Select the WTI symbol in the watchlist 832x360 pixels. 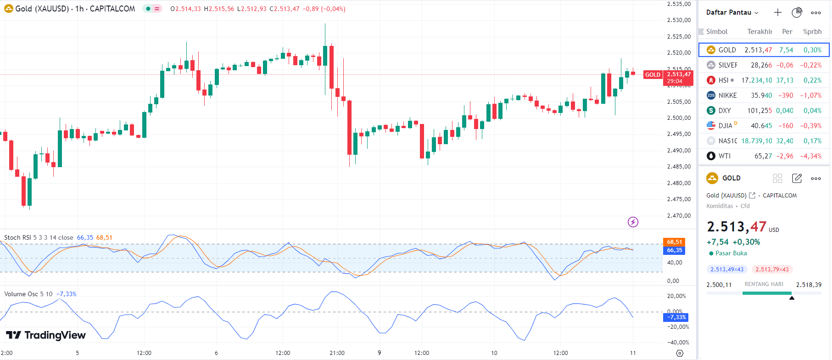point(725,156)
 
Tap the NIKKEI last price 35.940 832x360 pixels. point(761,96)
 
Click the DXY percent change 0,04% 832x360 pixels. point(812,111)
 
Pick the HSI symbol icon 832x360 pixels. point(711,80)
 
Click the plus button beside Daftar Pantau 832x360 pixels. point(777,12)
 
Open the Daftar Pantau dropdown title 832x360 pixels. point(732,12)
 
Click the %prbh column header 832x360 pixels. point(812,32)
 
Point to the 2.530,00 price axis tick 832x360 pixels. point(679,20)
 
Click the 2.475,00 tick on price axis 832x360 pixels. point(679,199)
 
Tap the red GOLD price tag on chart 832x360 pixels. point(653,75)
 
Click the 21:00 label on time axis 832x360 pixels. point(337,353)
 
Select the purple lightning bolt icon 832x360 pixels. point(633,222)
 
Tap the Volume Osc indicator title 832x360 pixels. point(28,294)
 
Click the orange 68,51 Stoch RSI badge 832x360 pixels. point(674,242)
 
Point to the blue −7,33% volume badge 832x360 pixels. point(676,317)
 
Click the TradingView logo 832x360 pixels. point(46,335)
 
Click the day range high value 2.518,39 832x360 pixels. point(809,285)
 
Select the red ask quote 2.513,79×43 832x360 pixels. point(772,270)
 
